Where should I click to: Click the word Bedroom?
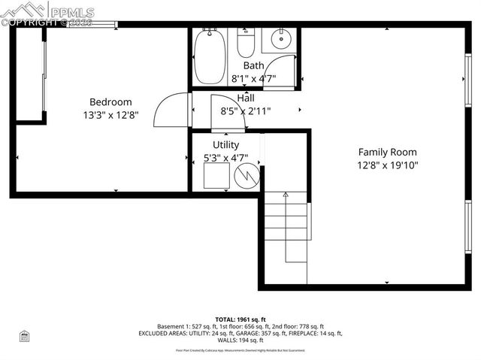[110, 102]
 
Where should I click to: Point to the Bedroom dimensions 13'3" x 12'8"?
[110, 115]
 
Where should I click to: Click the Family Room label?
[387, 152]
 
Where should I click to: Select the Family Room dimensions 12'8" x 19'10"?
[387, 165]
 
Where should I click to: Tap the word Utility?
[225, 145]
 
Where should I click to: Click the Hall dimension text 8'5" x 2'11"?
[246, 110]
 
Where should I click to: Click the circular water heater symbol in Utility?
[247, 177]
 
